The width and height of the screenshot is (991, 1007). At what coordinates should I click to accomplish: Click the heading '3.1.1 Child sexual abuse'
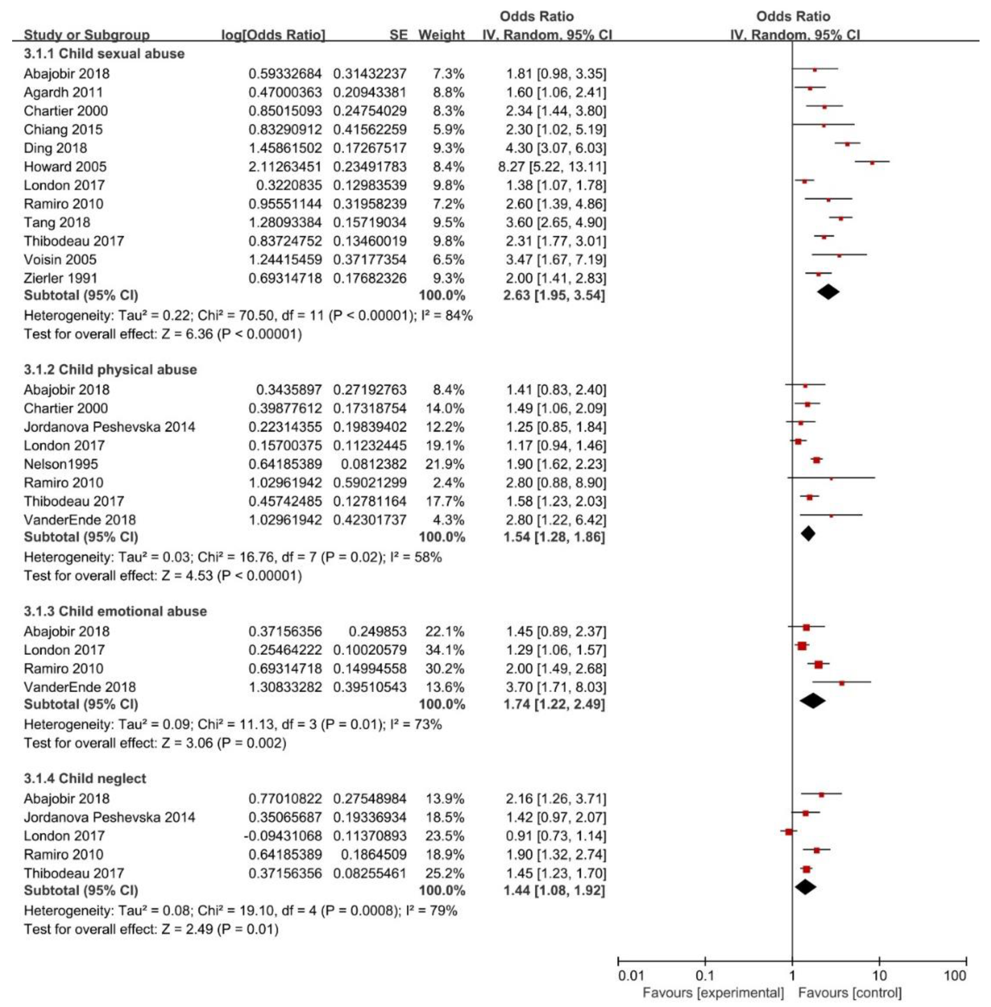coord(104,54)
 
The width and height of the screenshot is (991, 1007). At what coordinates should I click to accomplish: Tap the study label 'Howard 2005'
coord(65,167)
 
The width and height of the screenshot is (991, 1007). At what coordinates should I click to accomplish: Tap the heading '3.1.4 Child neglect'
coord(85,779)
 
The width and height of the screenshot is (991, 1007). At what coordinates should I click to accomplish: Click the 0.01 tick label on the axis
coord(631,975)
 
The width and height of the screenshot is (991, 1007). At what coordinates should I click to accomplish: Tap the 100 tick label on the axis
coord(955,975)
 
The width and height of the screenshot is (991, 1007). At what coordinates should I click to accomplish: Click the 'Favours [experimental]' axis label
coord(713,993)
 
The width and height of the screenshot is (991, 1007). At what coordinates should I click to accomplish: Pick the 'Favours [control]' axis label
coord(850,993)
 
